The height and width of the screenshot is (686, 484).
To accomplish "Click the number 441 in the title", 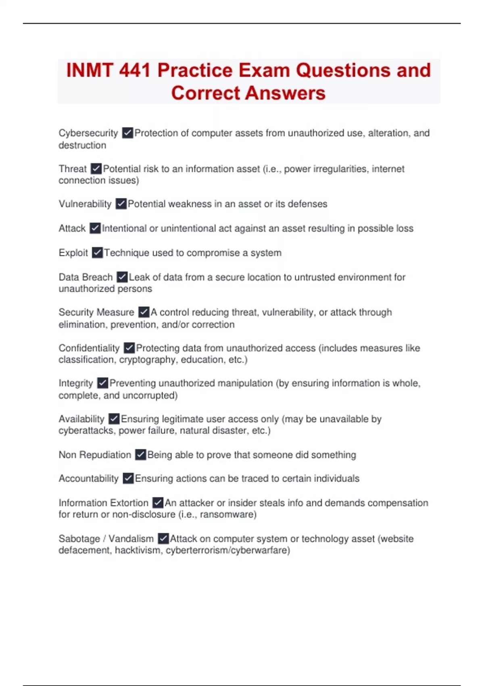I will (x=135, y=70).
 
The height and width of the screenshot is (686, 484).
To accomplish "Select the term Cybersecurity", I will (x=88, y=133).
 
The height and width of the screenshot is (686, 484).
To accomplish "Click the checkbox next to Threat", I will (x=96, y=168).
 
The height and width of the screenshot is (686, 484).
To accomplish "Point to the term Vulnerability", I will (x=85, y=204).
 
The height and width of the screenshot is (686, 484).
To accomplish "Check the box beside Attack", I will (x=95, y=228).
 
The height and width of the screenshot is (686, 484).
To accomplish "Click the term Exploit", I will (x=73, y=253).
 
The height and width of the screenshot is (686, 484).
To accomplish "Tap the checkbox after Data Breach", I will (x=122, y=277).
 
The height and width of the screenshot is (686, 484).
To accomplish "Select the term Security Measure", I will (x=96, y=312).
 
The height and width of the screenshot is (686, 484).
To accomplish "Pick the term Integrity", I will (x=75, y=383).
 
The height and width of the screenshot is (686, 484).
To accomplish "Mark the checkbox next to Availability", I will (x=114, y=419).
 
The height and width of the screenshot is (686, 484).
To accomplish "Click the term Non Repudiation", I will (x=95, y=455).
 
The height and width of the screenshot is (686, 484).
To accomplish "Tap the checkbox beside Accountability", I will (x=128, y=478).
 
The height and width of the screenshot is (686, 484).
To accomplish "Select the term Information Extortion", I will (x=103, y=503).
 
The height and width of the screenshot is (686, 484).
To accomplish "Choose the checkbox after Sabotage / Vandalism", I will (x=163, y=538).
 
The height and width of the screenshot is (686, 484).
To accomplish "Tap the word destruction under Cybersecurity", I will (x=82, y=145).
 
